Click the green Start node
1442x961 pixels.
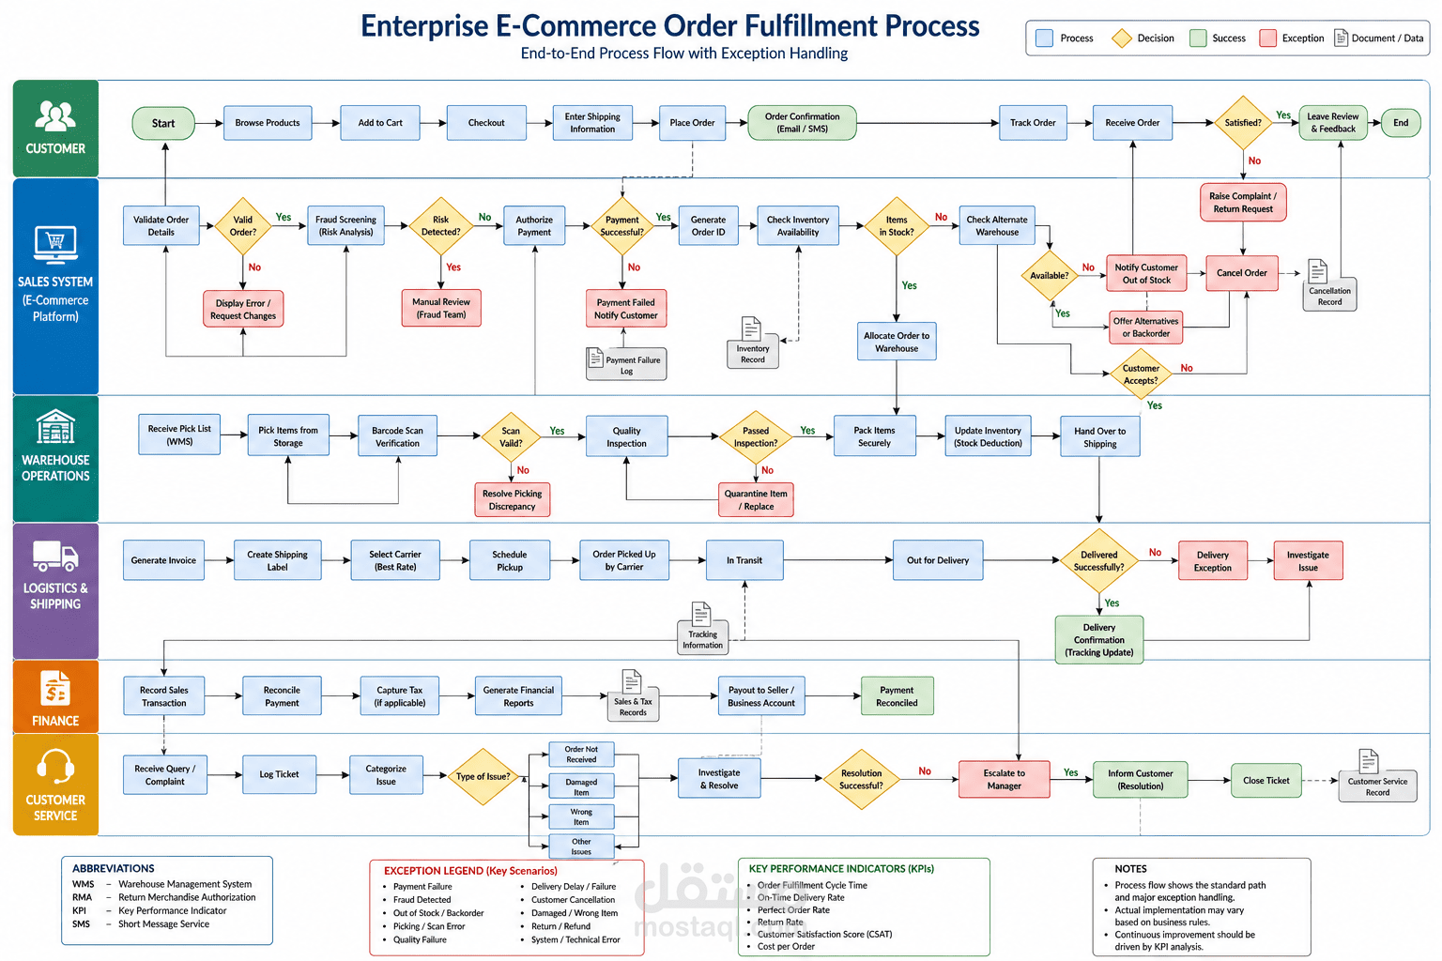click(x=162, y=123)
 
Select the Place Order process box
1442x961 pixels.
click(x=692, y=123)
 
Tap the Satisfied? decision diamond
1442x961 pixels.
click(x=1243, y=122)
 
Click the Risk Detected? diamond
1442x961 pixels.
click(x=440, y=226)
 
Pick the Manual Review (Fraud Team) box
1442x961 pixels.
click(x=441, y=309)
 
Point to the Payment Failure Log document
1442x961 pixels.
click(x=626, y=364)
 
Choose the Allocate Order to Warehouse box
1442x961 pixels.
click(x=897, y=342)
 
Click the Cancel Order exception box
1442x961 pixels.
click(x=1242, y=273)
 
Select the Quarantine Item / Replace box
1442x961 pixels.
click(x=756, y=500)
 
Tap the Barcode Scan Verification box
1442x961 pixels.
click(x=397, y=436)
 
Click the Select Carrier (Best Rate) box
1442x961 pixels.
click(x=395, y=560)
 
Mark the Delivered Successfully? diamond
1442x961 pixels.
click(x=1099, y=560)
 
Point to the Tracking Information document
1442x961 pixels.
click(x=702, y=628)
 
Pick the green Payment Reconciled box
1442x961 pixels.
click(x=897, y=695)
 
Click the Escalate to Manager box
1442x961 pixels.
click(x=1005, y=780)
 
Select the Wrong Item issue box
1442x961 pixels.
click(x=581, y=816)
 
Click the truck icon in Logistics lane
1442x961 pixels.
click(x=55, y=557)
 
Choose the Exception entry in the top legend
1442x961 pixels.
click(x=1292, y=38)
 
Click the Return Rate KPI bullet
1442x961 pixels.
click(x=779, y=922)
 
